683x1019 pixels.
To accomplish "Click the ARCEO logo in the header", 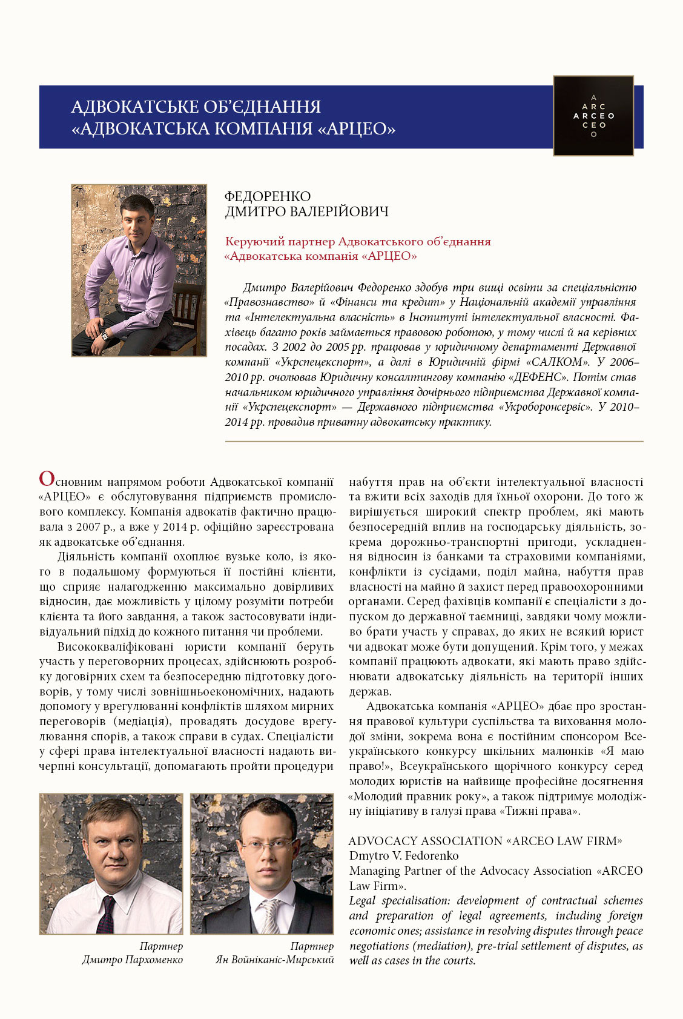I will tap(593, 116).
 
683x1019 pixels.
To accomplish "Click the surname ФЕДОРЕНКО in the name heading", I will tap(267, 196).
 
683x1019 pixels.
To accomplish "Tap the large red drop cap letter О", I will tap(47, 479).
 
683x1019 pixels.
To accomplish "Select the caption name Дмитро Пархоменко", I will tap(133, 960).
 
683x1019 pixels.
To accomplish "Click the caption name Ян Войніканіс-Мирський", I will tap(275, 960).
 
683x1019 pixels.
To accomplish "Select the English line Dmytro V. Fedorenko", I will tap(404, 855).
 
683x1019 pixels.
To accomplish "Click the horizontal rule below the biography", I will tap(434, 442).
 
